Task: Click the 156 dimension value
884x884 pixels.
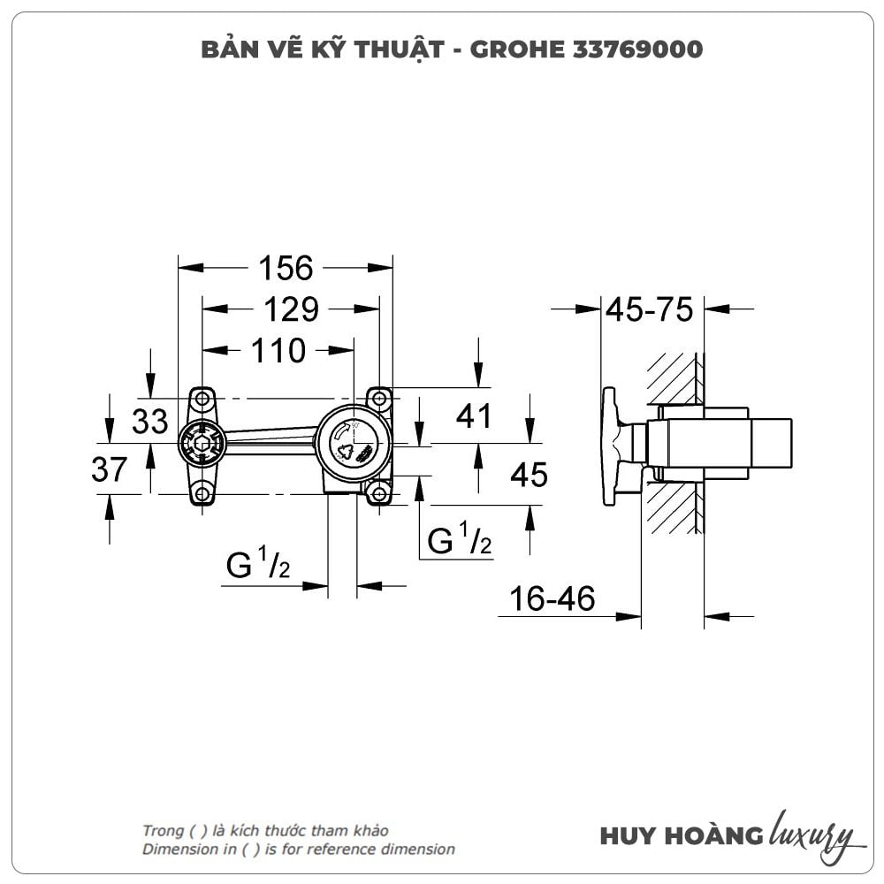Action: click(x=286, y=269)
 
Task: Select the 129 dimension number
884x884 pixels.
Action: click(x=292, y=309)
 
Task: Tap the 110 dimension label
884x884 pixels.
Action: click(x=278, y=351)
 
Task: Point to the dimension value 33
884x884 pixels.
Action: click(x=150, y=421)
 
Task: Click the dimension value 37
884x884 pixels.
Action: click(x=110, y=469)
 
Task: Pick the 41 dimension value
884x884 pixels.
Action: click(x=474, y=416)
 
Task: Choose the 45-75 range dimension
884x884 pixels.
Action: click(x=650, y=309)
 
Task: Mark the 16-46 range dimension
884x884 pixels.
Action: click(x=552, y=598)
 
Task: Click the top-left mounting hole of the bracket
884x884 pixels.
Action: click(x=202, y=399)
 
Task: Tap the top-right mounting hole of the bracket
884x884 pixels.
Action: click(x=379, y=399)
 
